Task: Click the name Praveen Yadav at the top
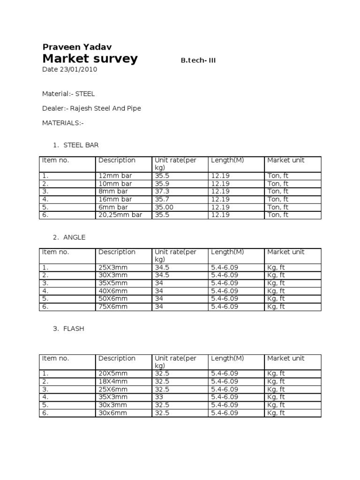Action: [77, 46]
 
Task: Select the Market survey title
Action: [90, 59]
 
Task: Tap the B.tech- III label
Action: [198, 60]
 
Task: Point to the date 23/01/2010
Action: [70, 69]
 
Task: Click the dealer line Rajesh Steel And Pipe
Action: [91, 108]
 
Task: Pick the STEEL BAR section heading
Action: [81, 145]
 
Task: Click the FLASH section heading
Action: [74, 329]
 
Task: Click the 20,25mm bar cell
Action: [120, 215]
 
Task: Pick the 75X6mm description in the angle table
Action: [113, 307]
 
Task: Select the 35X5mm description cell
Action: [113, 283]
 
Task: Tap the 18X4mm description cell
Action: [113, 382]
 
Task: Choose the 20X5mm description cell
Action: [113, 374]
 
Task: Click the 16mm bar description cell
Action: [115, 199]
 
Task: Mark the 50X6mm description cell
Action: [113, 299]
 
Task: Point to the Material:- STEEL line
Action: [68, 94]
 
